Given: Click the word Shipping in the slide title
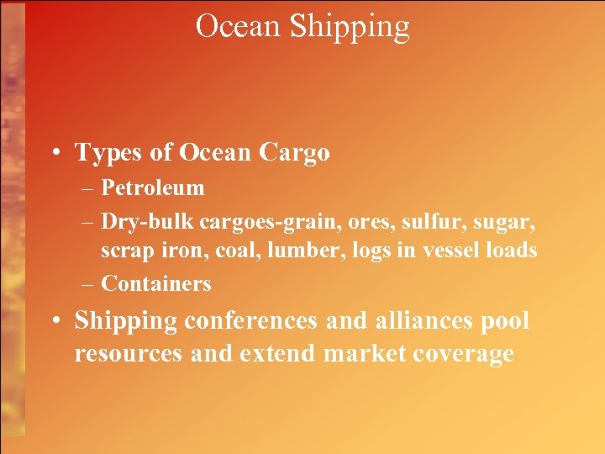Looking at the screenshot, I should pos(350,27).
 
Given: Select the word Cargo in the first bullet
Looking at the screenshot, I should pos(294,153).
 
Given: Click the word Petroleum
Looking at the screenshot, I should pos(152,188).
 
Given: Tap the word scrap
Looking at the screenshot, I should pos(124,251).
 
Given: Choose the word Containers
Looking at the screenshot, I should pos(156,284).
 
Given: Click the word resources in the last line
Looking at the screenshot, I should pos(128,354).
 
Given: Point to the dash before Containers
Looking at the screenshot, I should pos(88,284).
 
